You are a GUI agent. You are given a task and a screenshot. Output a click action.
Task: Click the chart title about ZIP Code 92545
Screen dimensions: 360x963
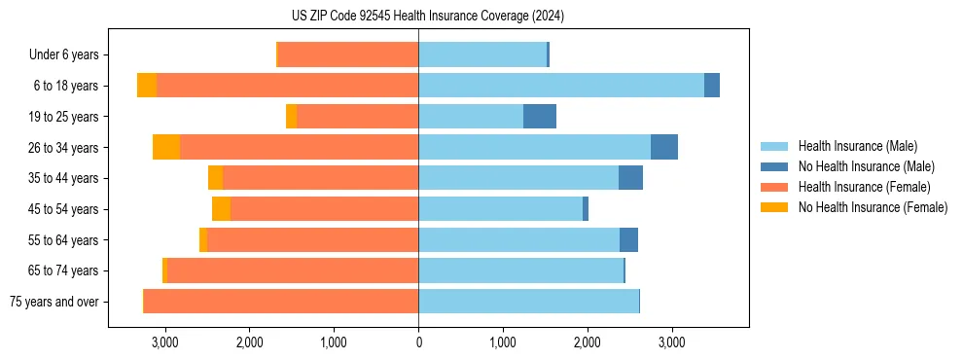(x=427, y=17)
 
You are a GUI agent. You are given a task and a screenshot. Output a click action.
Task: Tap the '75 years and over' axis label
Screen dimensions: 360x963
(x=54, y=302)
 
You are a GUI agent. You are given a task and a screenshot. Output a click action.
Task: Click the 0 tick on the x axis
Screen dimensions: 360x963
(x=418, y=343)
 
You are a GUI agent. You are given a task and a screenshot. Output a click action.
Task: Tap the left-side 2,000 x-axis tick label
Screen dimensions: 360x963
(x=249, y=343)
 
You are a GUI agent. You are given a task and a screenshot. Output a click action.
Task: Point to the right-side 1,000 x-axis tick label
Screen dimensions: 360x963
(x=503, y=343)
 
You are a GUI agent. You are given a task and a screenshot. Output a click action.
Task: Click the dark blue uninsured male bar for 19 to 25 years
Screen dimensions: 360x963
(x=540, y=117)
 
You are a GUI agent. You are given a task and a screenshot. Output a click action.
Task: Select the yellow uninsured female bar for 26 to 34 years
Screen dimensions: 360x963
(x=166, y=147)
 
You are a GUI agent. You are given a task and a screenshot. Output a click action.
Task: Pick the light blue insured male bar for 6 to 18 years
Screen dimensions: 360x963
(x=561, y=86)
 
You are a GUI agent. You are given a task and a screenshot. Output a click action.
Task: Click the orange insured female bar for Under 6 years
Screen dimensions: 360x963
(x=348, y=54)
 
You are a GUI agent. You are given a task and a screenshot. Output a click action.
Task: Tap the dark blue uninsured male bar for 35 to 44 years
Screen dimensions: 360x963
(x=630, y=178)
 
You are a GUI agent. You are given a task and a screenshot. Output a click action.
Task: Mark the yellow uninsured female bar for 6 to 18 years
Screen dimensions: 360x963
(x=147, y=86)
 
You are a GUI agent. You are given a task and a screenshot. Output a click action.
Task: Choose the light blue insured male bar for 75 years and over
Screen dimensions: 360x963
(x=528, y=302)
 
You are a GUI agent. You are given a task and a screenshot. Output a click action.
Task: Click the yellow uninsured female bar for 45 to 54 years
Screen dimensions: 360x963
(x=221, y=209)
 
